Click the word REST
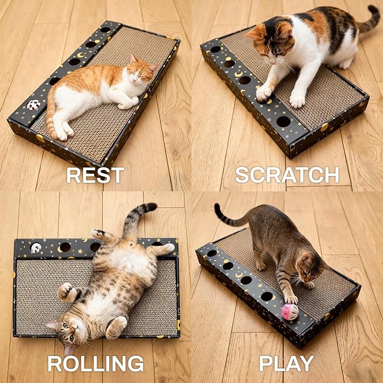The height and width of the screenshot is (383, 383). click(95, 175)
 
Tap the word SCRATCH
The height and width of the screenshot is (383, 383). click(287, 175)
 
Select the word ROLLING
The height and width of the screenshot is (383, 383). click(95, 363)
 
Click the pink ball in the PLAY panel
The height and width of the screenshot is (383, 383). click(290, 311)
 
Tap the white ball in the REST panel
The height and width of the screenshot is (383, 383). click(34, 105)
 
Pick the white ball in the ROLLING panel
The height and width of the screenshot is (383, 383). click(36, 248)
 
